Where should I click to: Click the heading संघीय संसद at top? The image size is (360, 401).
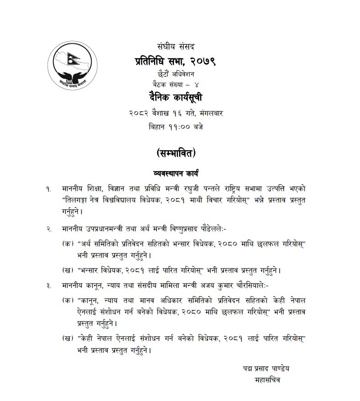[180, 46]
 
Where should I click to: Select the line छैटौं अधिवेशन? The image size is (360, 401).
[180, 73]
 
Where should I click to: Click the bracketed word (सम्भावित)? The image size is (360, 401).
[180, 153]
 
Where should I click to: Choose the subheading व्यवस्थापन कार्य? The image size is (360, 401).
[180, 174]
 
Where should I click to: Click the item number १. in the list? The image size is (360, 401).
[49, 189]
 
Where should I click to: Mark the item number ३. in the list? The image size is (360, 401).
[49, 285]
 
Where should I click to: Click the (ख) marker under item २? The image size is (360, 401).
[68, 270]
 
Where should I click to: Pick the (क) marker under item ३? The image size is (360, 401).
[68, 301]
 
